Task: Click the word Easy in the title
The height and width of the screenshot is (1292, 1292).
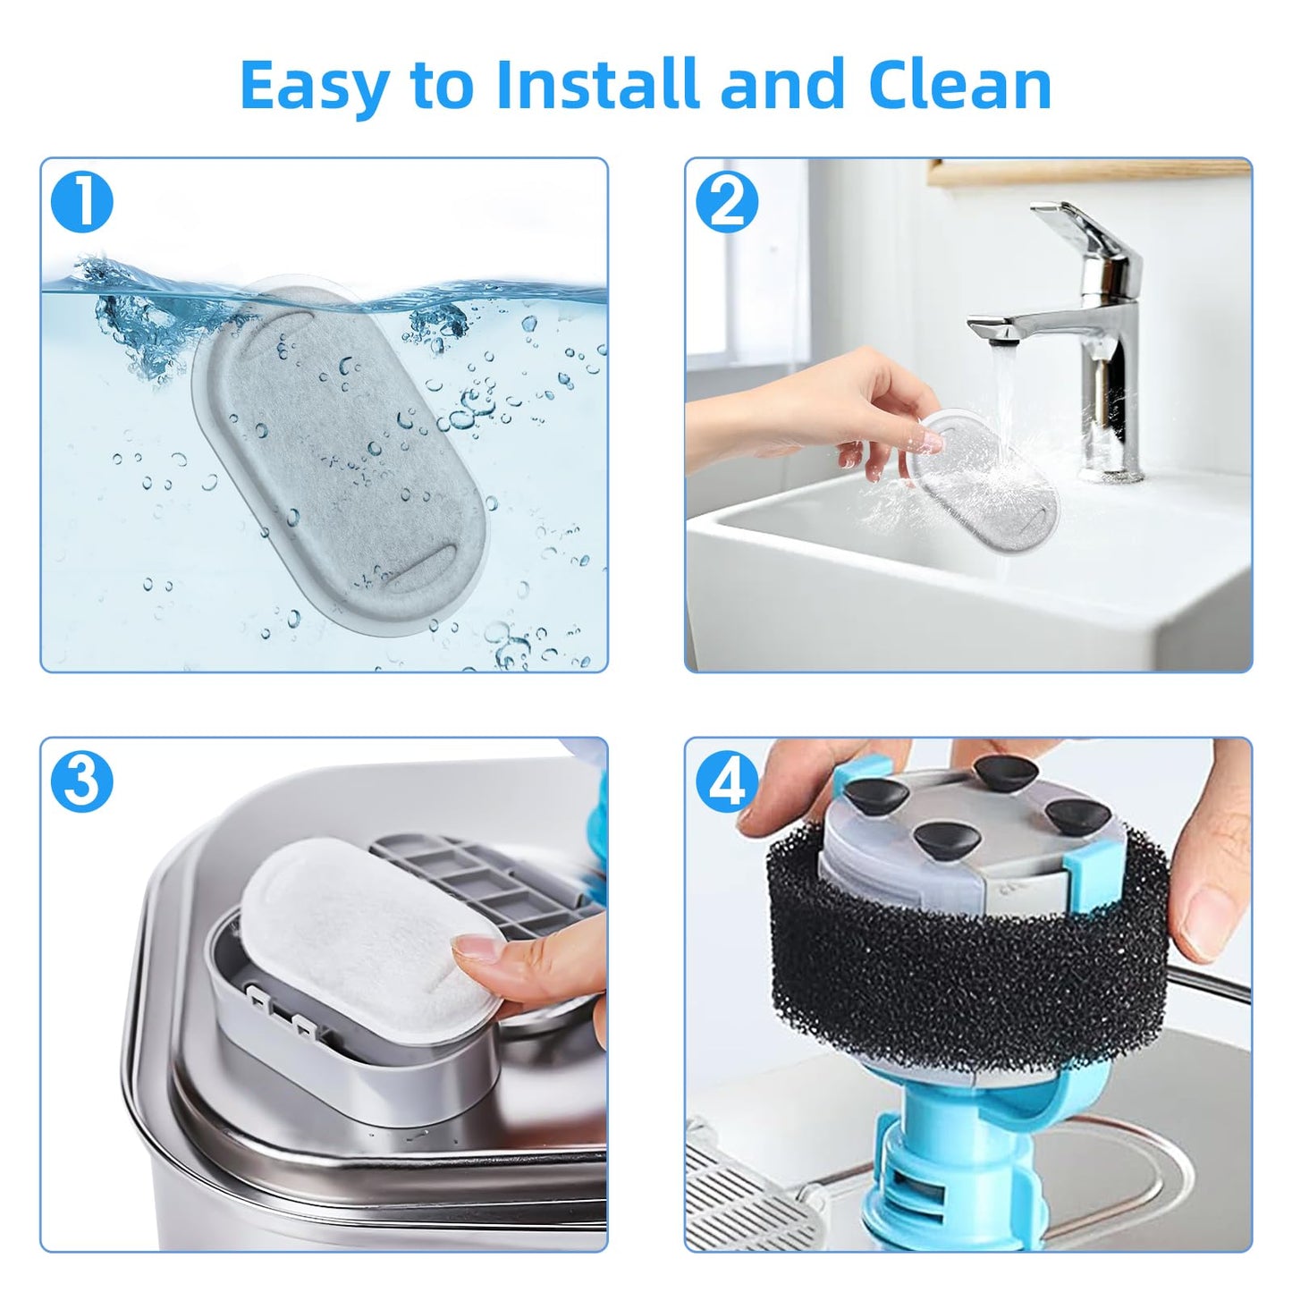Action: click(315, 87)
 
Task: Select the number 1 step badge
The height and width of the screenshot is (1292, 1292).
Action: click(81, 202)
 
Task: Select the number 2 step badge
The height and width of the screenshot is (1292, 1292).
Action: click(727, 202)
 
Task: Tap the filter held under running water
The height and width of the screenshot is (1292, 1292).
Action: click(982, 479)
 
